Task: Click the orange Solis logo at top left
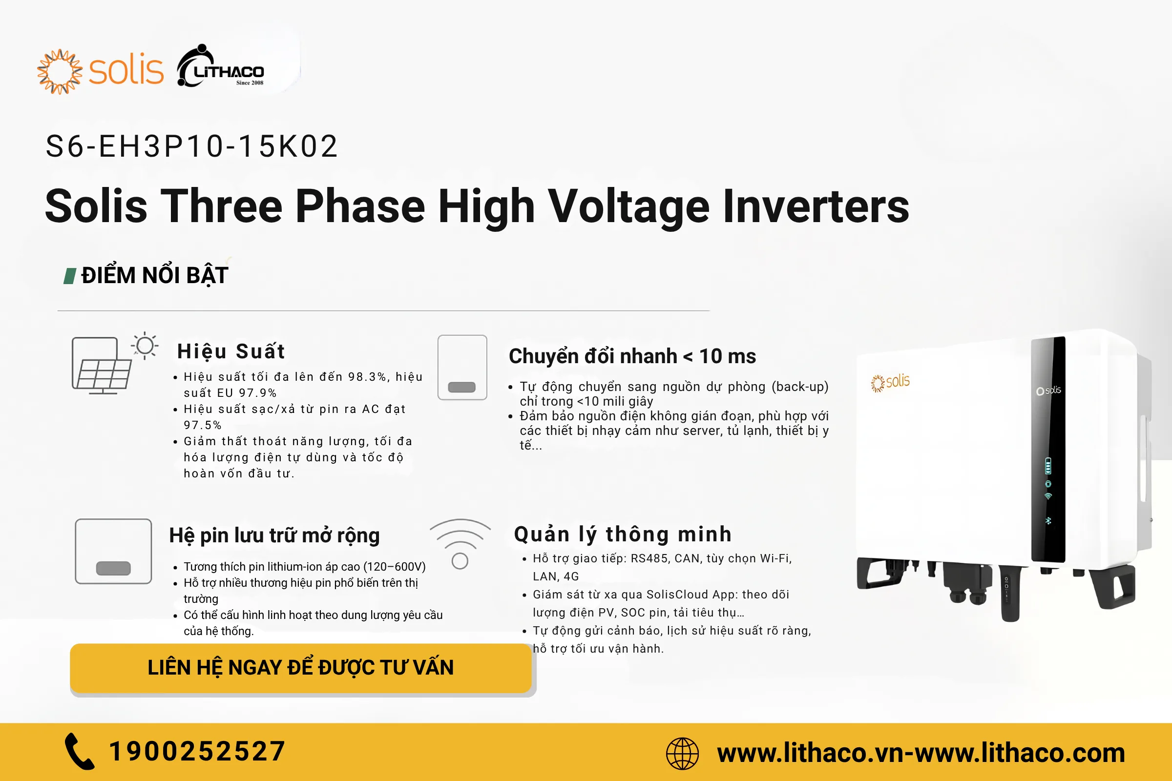point(100,71)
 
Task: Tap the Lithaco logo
point(221,66)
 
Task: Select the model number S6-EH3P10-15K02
point(192,146)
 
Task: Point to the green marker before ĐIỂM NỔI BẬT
point(70,275)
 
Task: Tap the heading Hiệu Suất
point(231,351)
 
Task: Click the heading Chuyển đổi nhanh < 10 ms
point(632,356)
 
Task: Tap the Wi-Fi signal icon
point(460,543)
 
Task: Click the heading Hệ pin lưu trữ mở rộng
point(274,535)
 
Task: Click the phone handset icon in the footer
point(79,751)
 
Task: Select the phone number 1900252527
point(197,751)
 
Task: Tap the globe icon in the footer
point(682,753)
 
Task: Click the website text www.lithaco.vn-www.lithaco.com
point(921,753)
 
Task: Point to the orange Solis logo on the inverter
point(890,383)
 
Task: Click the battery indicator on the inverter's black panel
point(1048,466)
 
